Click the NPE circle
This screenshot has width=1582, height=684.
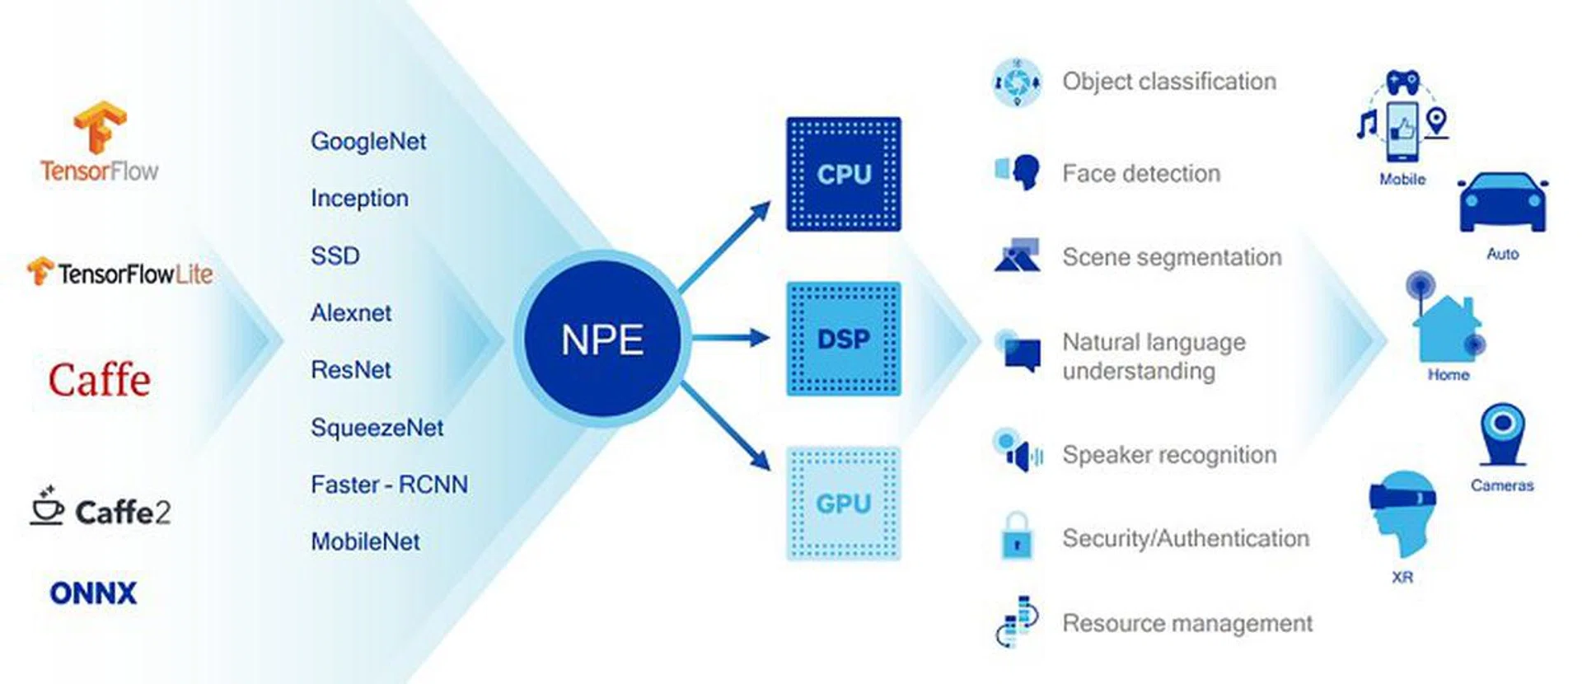602,339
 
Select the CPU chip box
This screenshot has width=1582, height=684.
843,174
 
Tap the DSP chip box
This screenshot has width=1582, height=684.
843,339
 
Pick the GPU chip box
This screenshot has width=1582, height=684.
843,504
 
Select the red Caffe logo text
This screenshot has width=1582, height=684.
99,380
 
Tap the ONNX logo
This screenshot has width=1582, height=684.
93,593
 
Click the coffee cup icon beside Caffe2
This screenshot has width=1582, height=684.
47,506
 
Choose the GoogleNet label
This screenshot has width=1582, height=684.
368,141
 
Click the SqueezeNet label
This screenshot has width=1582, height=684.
377,428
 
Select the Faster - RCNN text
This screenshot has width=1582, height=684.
389,485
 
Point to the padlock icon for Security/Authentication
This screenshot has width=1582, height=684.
1017,536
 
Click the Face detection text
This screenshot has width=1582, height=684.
1141,174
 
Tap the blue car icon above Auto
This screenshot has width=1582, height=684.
1502,204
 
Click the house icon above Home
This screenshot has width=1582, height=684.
1446,326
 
